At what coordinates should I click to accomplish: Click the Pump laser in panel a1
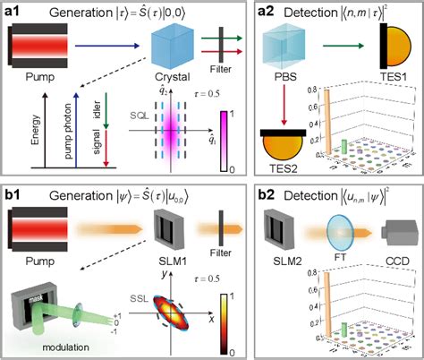[x=40, y=44]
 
